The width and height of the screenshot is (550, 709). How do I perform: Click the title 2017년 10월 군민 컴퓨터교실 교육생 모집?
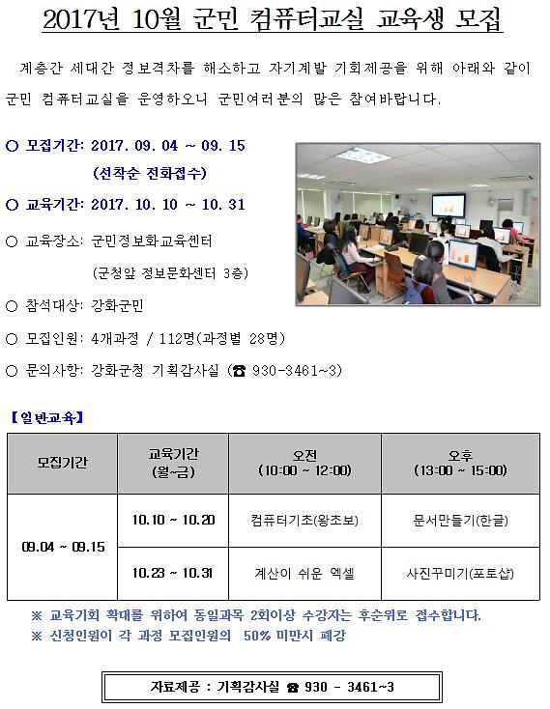click(275, 21)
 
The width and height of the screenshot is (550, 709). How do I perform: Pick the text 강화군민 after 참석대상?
click(117, 306)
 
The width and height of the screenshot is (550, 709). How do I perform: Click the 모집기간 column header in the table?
click(62, 463)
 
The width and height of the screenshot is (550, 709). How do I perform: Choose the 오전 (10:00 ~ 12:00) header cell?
click(304, 463)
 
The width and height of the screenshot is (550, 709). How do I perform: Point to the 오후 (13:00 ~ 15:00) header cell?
click(459, 463)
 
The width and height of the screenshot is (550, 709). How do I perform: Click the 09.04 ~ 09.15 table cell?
click(62, 547)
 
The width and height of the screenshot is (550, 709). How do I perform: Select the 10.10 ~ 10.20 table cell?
click(173, 520)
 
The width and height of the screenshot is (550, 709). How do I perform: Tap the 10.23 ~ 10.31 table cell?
click(173, 573)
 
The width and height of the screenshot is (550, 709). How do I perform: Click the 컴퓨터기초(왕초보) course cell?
click(304, 520)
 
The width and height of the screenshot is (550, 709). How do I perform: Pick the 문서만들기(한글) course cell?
click(459, 520)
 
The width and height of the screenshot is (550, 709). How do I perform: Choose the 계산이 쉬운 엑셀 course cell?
click(304, 573)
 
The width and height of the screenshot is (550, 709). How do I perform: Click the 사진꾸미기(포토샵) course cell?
click(459, 573)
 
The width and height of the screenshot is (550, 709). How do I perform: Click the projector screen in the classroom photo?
click(448, 205)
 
